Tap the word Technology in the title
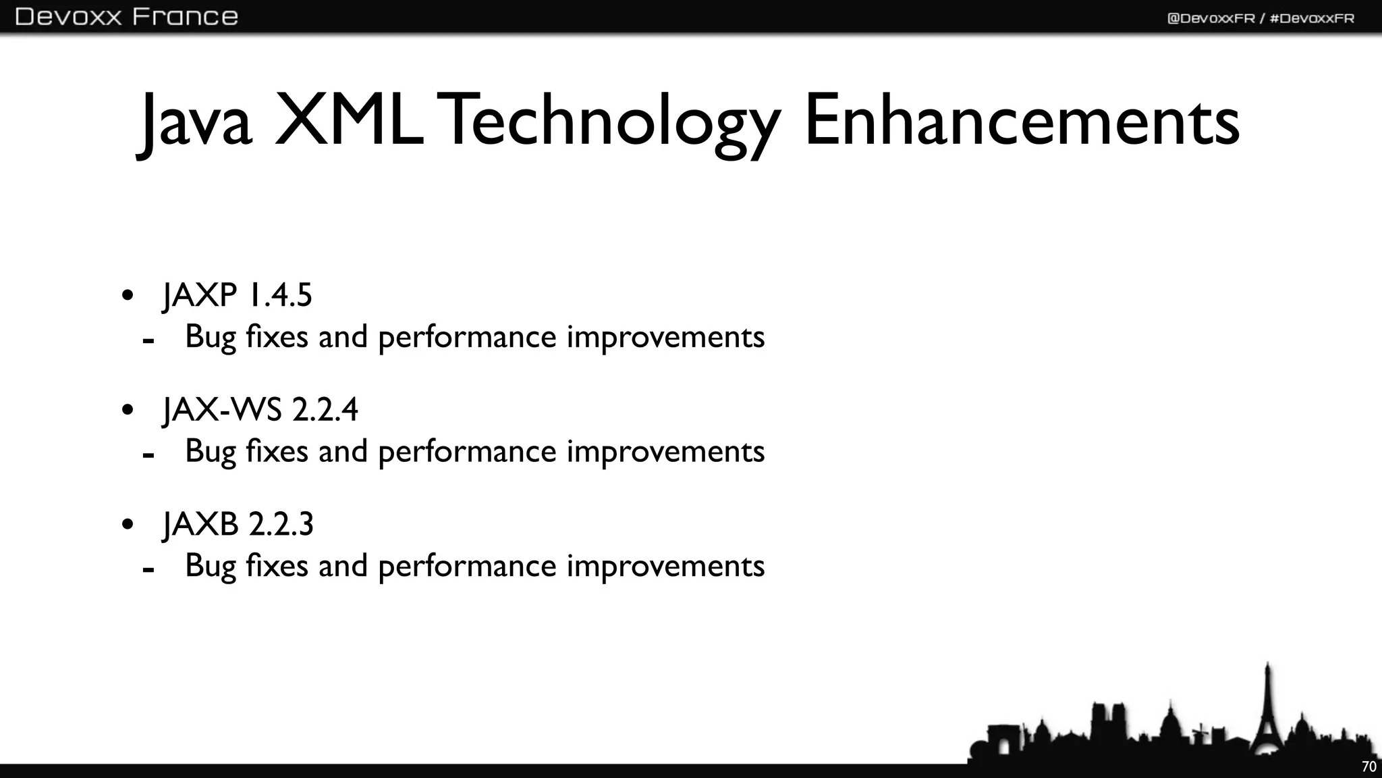(x=611, y=122)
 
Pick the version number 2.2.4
(x=325, y=410)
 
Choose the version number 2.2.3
(x=281, y=525)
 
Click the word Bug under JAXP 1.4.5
(x=210, y=337)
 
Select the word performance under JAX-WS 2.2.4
(x=467, y=452)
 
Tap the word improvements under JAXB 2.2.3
(x=665, y=566)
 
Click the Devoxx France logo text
(x=126, y=16)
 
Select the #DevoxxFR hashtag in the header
(x=1312, y=18)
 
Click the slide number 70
(x=1369, y=767)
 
